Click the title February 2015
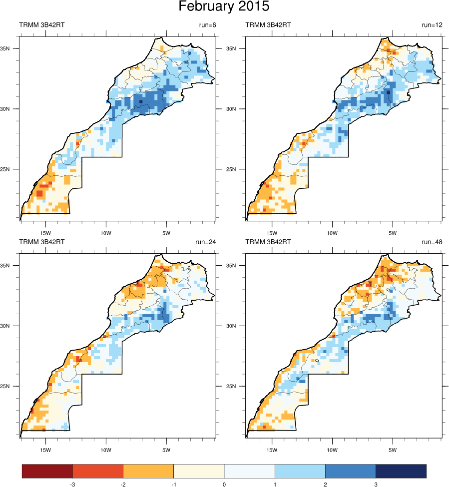pyautogui.click(x=224, y=7)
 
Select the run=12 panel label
pyautogui.click(x=432, y=25)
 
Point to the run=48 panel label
pyautogui.click(x=432, y=242)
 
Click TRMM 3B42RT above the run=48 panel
pyautogui.click(x=268, y=242)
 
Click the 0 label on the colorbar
pyautogui.click(x=224, y=484)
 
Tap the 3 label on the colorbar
pyautogui.click(x=376, y=484)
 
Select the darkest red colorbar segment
pyautogui.click(x=47, y=471)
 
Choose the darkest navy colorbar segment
pyautogui.click(x=401, y=471)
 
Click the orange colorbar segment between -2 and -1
pyautogui.click(x=148, y=471)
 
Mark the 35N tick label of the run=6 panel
pyautogui.click(x=12, y=49)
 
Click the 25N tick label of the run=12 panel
pyautogui.click(x=238, y=169)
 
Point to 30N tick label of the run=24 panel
pyautogui.click(x=12, y=326)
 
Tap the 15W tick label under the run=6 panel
pyautogui.click(x=45, y=233)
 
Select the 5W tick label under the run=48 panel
pyautogui.click(x=393, y=450)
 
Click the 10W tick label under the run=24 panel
pyautogui.click(x=105, y=450)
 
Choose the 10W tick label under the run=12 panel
pyautogui.click(x=332, y=233)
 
